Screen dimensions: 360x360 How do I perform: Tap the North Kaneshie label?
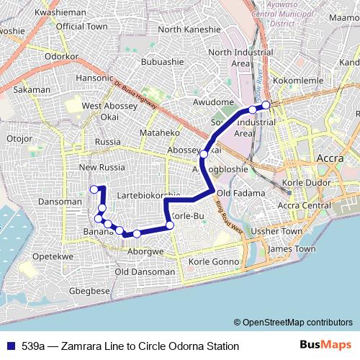[x=189, y=30]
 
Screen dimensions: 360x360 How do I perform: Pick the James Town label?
[x=291, y=249]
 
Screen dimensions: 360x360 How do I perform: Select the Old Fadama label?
[x=236, y=194]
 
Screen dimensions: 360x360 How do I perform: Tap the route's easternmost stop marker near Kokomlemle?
[x=266, y=105]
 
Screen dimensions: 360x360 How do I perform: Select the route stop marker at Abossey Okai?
[x=204, y=154]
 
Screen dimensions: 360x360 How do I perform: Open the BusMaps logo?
[x=326, y=346]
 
